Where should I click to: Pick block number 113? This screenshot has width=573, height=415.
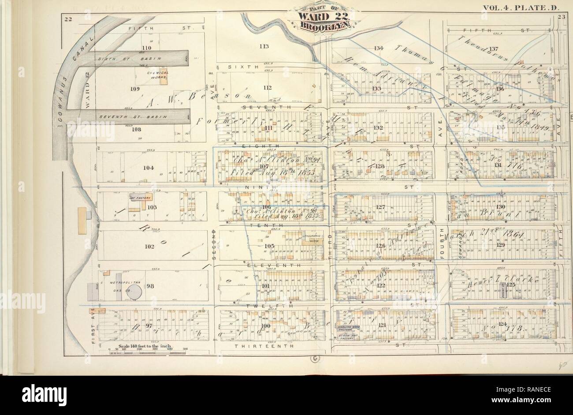[264, 45]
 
